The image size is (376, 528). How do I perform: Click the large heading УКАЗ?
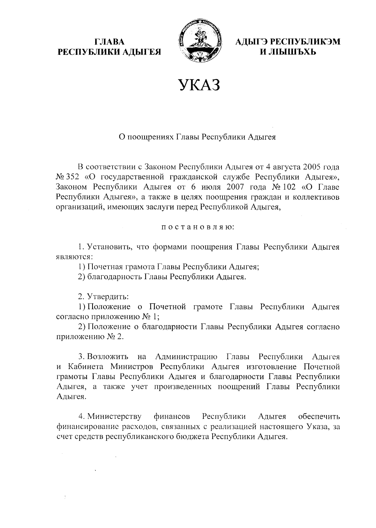[199, 85]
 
